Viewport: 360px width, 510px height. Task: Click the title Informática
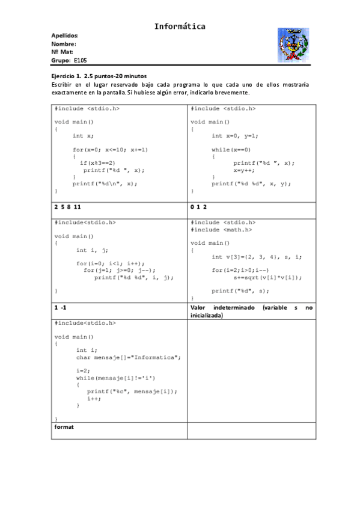point(180,26)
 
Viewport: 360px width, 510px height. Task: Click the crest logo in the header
point(292,46)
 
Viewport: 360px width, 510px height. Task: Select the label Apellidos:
point(65,35)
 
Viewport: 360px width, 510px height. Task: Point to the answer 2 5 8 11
point(67,206)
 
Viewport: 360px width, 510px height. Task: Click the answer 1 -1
point(60,307)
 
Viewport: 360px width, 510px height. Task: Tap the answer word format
point(64,426)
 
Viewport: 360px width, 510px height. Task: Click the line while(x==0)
point(231,149)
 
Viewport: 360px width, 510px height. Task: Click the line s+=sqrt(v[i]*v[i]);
point(267,277)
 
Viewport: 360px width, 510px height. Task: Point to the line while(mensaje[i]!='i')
point(115,378)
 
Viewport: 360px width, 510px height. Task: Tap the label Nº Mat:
point(63,52)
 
